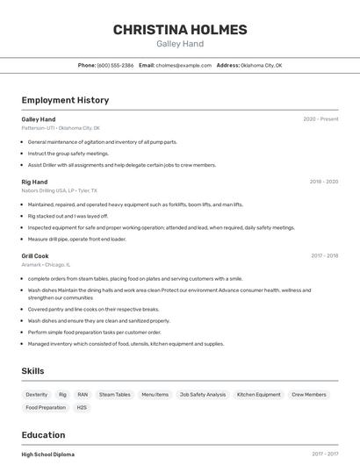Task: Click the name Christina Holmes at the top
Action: point(180,30)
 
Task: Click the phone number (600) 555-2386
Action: point(115,65)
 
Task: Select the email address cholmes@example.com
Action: point(184,65)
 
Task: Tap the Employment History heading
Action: point(65,100)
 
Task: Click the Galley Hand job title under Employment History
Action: point(39,119)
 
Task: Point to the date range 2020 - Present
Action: point(320,119)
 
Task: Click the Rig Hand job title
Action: point(35,182)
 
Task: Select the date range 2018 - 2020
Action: point(323,182)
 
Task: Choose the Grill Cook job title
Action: point(35,256)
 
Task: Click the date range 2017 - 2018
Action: point(324,256)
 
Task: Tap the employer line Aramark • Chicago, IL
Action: point(47,264)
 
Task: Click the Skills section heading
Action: point(32,371)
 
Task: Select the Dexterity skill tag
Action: point(37,395)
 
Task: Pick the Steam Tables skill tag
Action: point(114,395)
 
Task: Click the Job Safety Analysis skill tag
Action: point(203,395)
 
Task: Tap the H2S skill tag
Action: point(82,407)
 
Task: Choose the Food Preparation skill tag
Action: point(46,407)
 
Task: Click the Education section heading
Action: point(42,435)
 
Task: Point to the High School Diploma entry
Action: point(48,454)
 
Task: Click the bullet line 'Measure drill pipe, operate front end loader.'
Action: point(77,239)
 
